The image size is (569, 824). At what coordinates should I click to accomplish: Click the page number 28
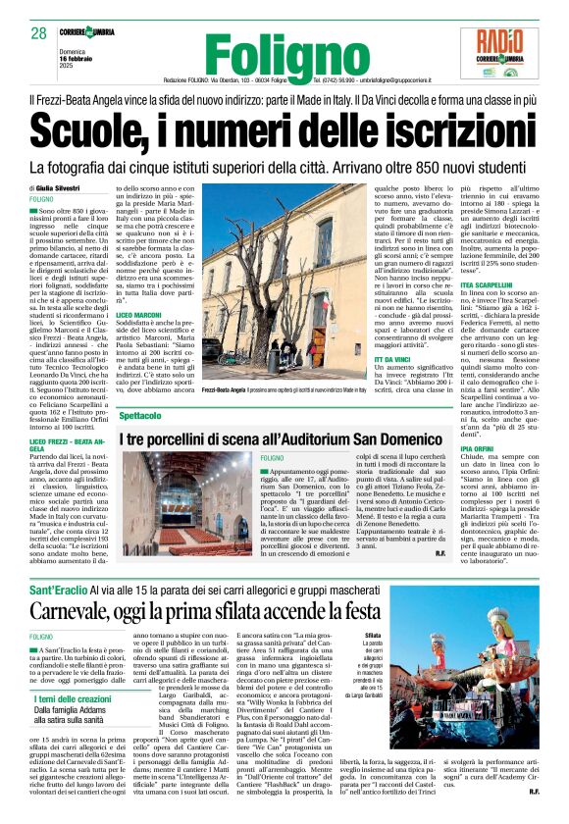[x=39, y=34]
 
